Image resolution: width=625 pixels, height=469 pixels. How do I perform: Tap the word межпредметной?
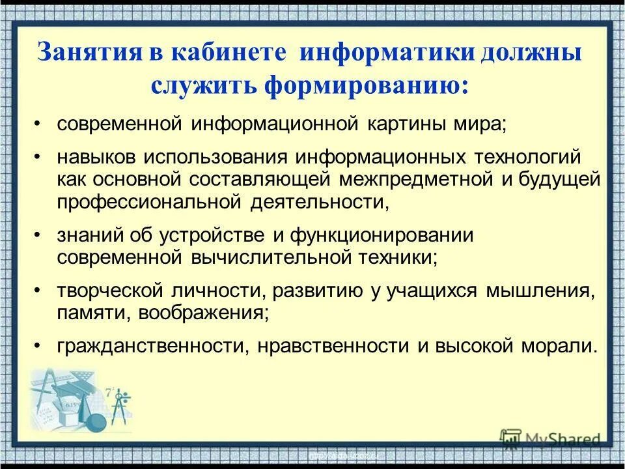click(x=417, y=180)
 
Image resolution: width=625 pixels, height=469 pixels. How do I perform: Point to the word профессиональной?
click(x=149, y=202)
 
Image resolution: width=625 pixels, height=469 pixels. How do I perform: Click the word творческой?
click(x=107, y=291)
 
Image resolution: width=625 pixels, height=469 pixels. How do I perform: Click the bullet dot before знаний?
click(x=38, y=234)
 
